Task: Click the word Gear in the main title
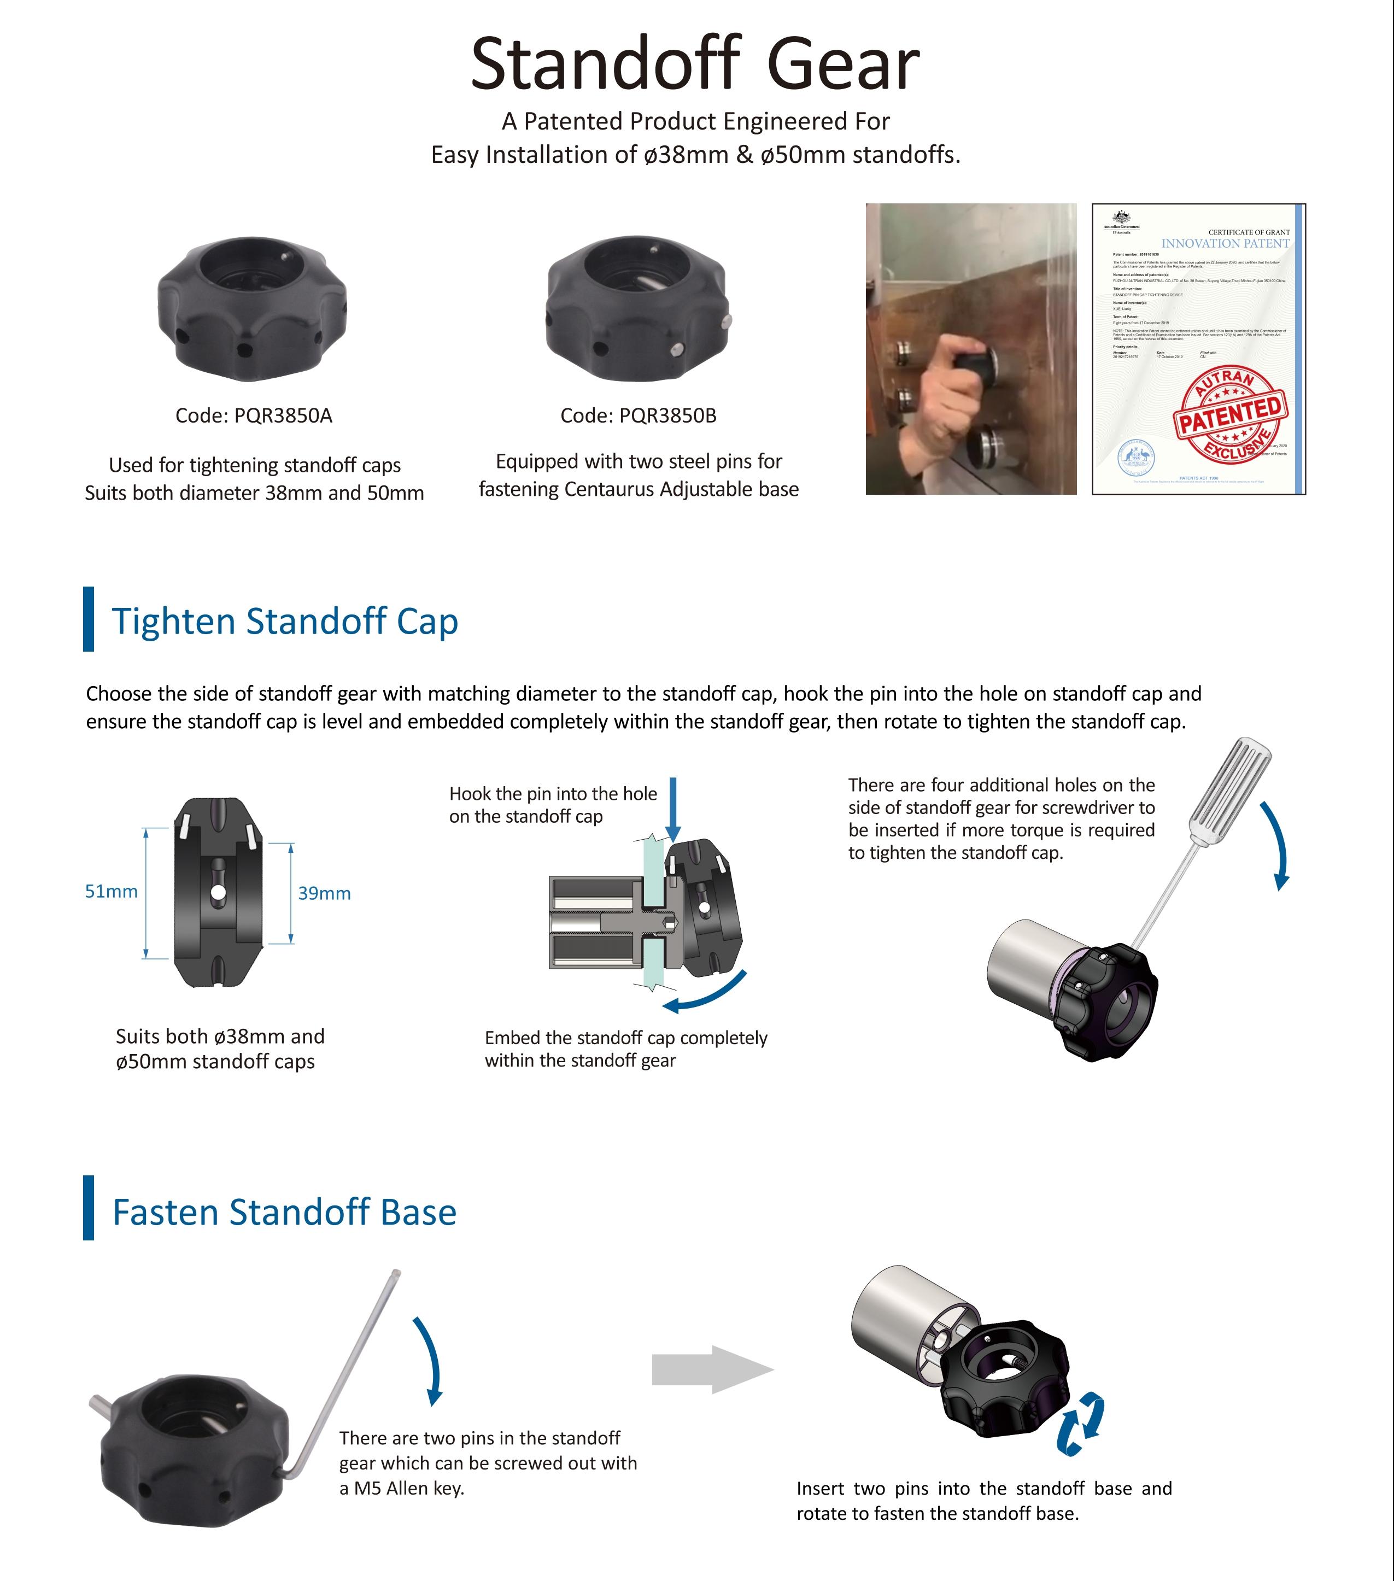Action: pos(842,65)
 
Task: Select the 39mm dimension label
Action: pos(324,893)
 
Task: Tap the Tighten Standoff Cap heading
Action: pos(285,621)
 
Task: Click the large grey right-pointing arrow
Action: pos(712,1369)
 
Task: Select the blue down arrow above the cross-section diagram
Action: pos(673,809)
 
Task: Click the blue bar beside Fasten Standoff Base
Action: pos(88,1208)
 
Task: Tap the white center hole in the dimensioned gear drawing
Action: pos(218,893)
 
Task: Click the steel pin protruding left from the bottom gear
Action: pos(101,1404)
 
